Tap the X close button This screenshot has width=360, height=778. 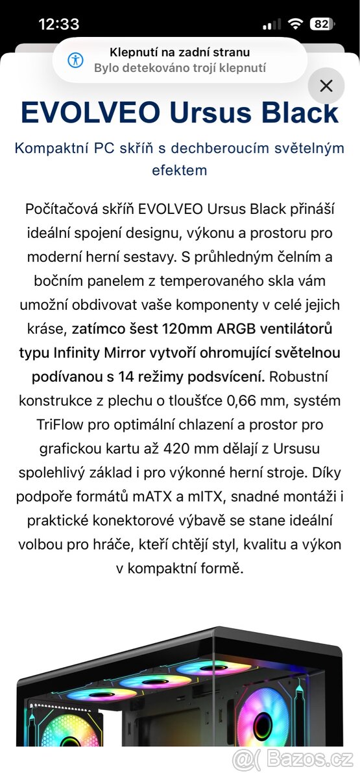point(326,86)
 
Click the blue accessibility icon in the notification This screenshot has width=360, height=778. point(76,60)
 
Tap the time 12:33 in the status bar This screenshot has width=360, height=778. point(59,25)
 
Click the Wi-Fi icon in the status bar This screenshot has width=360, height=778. point(295,25)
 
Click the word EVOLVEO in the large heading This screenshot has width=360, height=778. point(90,113)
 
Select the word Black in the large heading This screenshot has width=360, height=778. point(300,113)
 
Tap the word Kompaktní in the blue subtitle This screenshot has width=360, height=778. point(47,148)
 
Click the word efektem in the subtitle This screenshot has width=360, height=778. point(179,171)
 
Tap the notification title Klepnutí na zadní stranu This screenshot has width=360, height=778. point(179,53)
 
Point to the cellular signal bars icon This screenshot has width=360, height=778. point(271,25)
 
